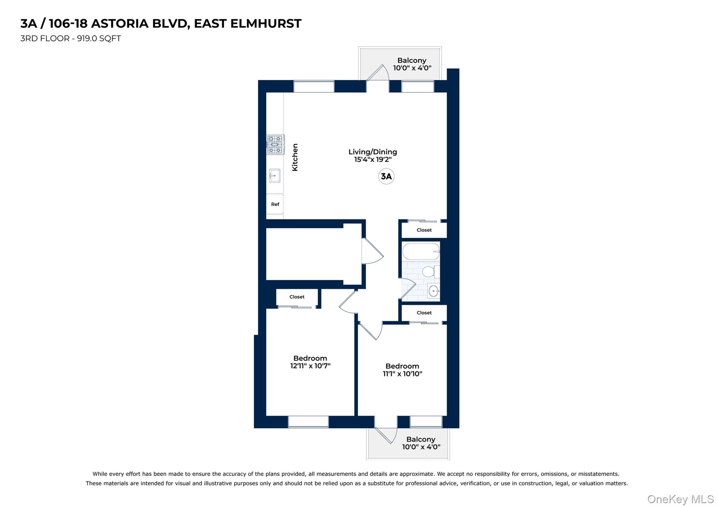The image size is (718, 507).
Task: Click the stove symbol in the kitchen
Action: click(275, 144)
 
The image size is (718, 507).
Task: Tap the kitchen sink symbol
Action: click(275, 176)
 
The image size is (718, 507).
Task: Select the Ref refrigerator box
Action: click(275, 204)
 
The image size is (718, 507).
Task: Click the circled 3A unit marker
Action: click(386, 176)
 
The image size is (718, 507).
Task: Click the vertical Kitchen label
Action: click(295, 157)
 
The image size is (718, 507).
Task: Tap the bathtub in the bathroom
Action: click(421, 251)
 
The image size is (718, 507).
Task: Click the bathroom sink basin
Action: click(434, 291)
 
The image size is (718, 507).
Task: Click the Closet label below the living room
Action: click(424, 230)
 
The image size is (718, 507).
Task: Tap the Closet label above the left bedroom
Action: click(297, 297)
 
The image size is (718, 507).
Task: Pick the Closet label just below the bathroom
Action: click(424, 313)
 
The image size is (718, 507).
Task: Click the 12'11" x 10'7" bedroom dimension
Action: click(310, 366)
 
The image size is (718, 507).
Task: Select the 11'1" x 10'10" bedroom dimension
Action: click(402, 374)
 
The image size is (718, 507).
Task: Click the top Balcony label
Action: click(412, 60)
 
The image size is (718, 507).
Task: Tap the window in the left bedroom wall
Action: click(308, 422)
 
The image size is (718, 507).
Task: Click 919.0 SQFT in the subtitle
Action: click(99, 39)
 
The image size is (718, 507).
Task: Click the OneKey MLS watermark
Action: click(680, 499)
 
